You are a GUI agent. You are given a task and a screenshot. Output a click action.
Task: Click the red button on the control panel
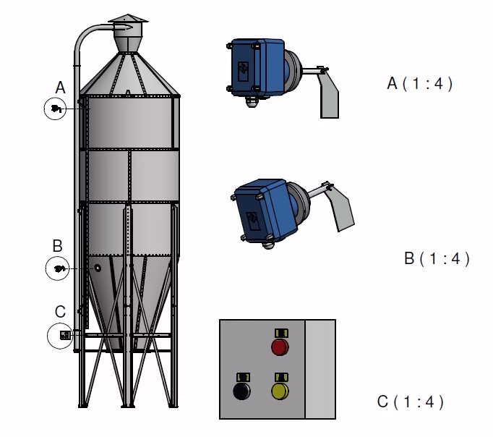click(280, 347)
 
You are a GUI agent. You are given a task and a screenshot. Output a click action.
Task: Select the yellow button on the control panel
click(280, 391)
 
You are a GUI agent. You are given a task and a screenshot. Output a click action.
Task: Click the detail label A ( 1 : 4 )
click(420, 83)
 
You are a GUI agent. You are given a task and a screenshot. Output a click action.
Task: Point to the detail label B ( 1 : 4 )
click(437, 258)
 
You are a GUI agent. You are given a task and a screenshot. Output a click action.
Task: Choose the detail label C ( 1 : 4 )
click(411, 401)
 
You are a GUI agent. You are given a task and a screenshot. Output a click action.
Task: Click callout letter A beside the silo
click(61, 88)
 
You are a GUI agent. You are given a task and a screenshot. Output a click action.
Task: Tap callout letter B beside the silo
click(58, 247)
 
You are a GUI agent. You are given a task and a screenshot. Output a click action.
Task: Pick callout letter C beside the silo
click(60, 312)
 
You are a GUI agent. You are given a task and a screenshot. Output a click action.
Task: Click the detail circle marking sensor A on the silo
click(55, 109)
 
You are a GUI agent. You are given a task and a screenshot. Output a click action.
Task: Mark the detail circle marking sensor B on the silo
click(58, 269)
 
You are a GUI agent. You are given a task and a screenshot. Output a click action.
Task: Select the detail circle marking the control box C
click(61, 336)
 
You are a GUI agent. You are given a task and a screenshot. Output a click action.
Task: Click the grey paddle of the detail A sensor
click(328, 94)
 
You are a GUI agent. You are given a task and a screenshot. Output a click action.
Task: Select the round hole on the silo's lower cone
click(97, 268)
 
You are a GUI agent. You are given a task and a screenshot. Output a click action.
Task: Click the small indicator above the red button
click(280, 332)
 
